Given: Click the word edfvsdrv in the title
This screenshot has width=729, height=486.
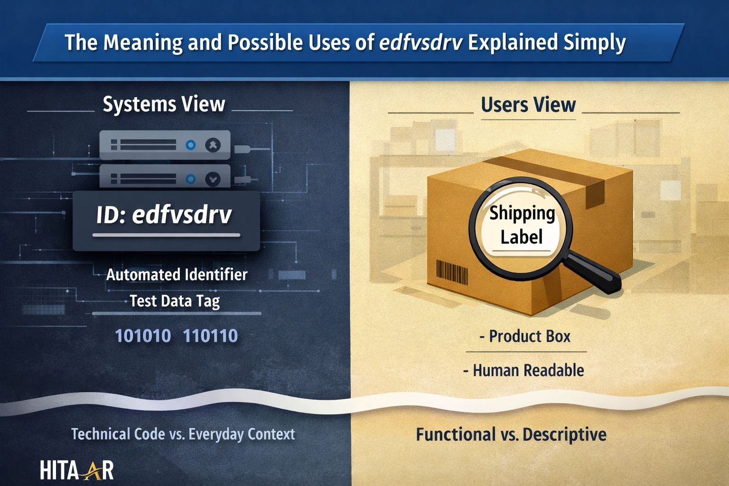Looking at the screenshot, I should pyautogui.click(x=421, y=43).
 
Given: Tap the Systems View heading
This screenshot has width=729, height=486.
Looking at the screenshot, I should pyautogui.click(x=164, y=104).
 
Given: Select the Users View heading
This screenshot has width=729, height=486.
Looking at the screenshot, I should pyautogui.click(x=528, y=105).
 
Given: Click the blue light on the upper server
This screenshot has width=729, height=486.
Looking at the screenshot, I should pyautogui.click(x=191, y=145).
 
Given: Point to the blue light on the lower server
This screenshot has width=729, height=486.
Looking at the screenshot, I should pyautogui.click(x=191, y=179).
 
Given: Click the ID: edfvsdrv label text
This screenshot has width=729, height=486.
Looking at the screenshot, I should pyautogui.click(x=164, y=215).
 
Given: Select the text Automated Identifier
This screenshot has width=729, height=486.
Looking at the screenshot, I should pyautogui.click(x=177, y=275).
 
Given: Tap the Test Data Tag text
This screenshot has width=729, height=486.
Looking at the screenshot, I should pyautogui.click(x=175, y=301).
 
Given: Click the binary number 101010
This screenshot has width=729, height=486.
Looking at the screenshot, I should pyautogui.click(x=143, y=336).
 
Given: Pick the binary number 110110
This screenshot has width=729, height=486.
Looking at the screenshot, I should pyautogui.click(x=210, y=336).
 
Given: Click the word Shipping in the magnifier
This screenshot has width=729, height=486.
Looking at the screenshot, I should pyautogui.click(x=522, y=213).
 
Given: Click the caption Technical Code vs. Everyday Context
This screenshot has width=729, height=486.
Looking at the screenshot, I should pyautogui.click(x=183, y=434).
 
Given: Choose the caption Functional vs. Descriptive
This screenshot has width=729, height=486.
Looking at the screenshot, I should pyautogui.click(x=511, y=435).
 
